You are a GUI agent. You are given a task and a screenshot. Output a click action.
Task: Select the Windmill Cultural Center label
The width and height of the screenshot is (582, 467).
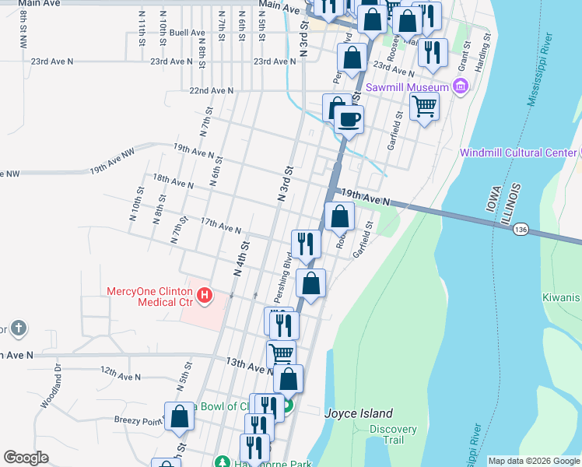(519, 153)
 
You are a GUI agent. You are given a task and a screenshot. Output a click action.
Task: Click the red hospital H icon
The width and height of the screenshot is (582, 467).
(204, 295)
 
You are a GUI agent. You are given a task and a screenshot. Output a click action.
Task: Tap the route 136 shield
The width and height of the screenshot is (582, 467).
(521, 229)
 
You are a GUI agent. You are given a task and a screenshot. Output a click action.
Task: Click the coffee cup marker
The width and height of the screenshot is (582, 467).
(349, 120)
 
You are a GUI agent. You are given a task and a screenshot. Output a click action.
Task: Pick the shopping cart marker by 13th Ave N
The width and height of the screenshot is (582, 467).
(281, 354)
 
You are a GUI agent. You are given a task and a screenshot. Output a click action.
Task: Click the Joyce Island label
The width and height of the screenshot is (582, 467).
(359, 414)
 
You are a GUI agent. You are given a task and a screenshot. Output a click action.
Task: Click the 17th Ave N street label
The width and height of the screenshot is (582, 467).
(221, 226)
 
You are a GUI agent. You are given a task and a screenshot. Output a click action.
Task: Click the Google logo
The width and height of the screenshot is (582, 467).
(26, 458)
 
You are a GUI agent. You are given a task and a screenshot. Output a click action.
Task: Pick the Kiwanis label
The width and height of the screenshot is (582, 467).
(562, 298)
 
